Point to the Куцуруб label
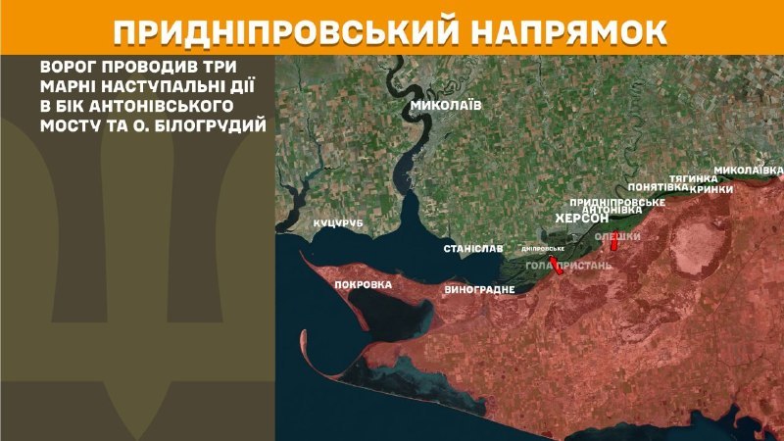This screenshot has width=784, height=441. [338, 224]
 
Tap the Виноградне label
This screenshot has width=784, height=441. [480, 290]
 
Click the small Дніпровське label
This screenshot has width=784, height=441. [543, 248]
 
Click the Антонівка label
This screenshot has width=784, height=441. [612, 210]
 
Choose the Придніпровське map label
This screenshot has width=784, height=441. [618, 201]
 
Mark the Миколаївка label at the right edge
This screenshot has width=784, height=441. [749, 170]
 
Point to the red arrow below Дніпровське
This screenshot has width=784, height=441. [557, 266]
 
